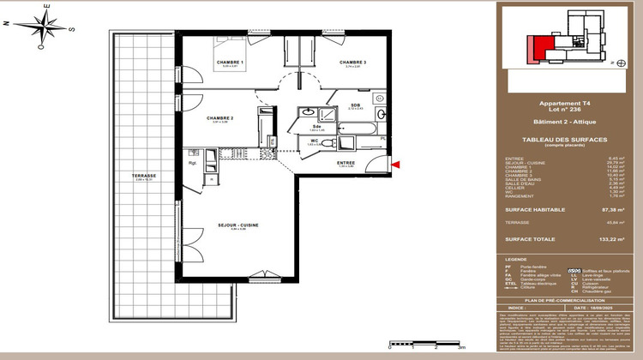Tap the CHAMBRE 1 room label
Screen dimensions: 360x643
231,63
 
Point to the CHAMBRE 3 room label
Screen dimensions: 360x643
352,63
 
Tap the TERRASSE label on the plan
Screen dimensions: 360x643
131,176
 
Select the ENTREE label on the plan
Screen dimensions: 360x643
346,162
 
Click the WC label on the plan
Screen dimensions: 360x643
315,141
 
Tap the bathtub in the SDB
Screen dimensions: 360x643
352,129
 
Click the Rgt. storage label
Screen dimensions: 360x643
194,162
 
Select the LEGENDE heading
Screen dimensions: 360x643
516,258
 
